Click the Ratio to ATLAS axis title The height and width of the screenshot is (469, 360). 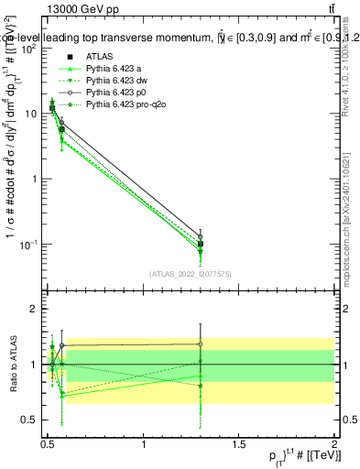pos(10,365)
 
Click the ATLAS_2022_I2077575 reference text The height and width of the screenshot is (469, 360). pos(189,273)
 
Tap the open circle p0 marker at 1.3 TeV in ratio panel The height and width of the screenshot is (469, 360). pos(200,344)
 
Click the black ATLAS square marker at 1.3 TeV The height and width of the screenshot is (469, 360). pos(200,245)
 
